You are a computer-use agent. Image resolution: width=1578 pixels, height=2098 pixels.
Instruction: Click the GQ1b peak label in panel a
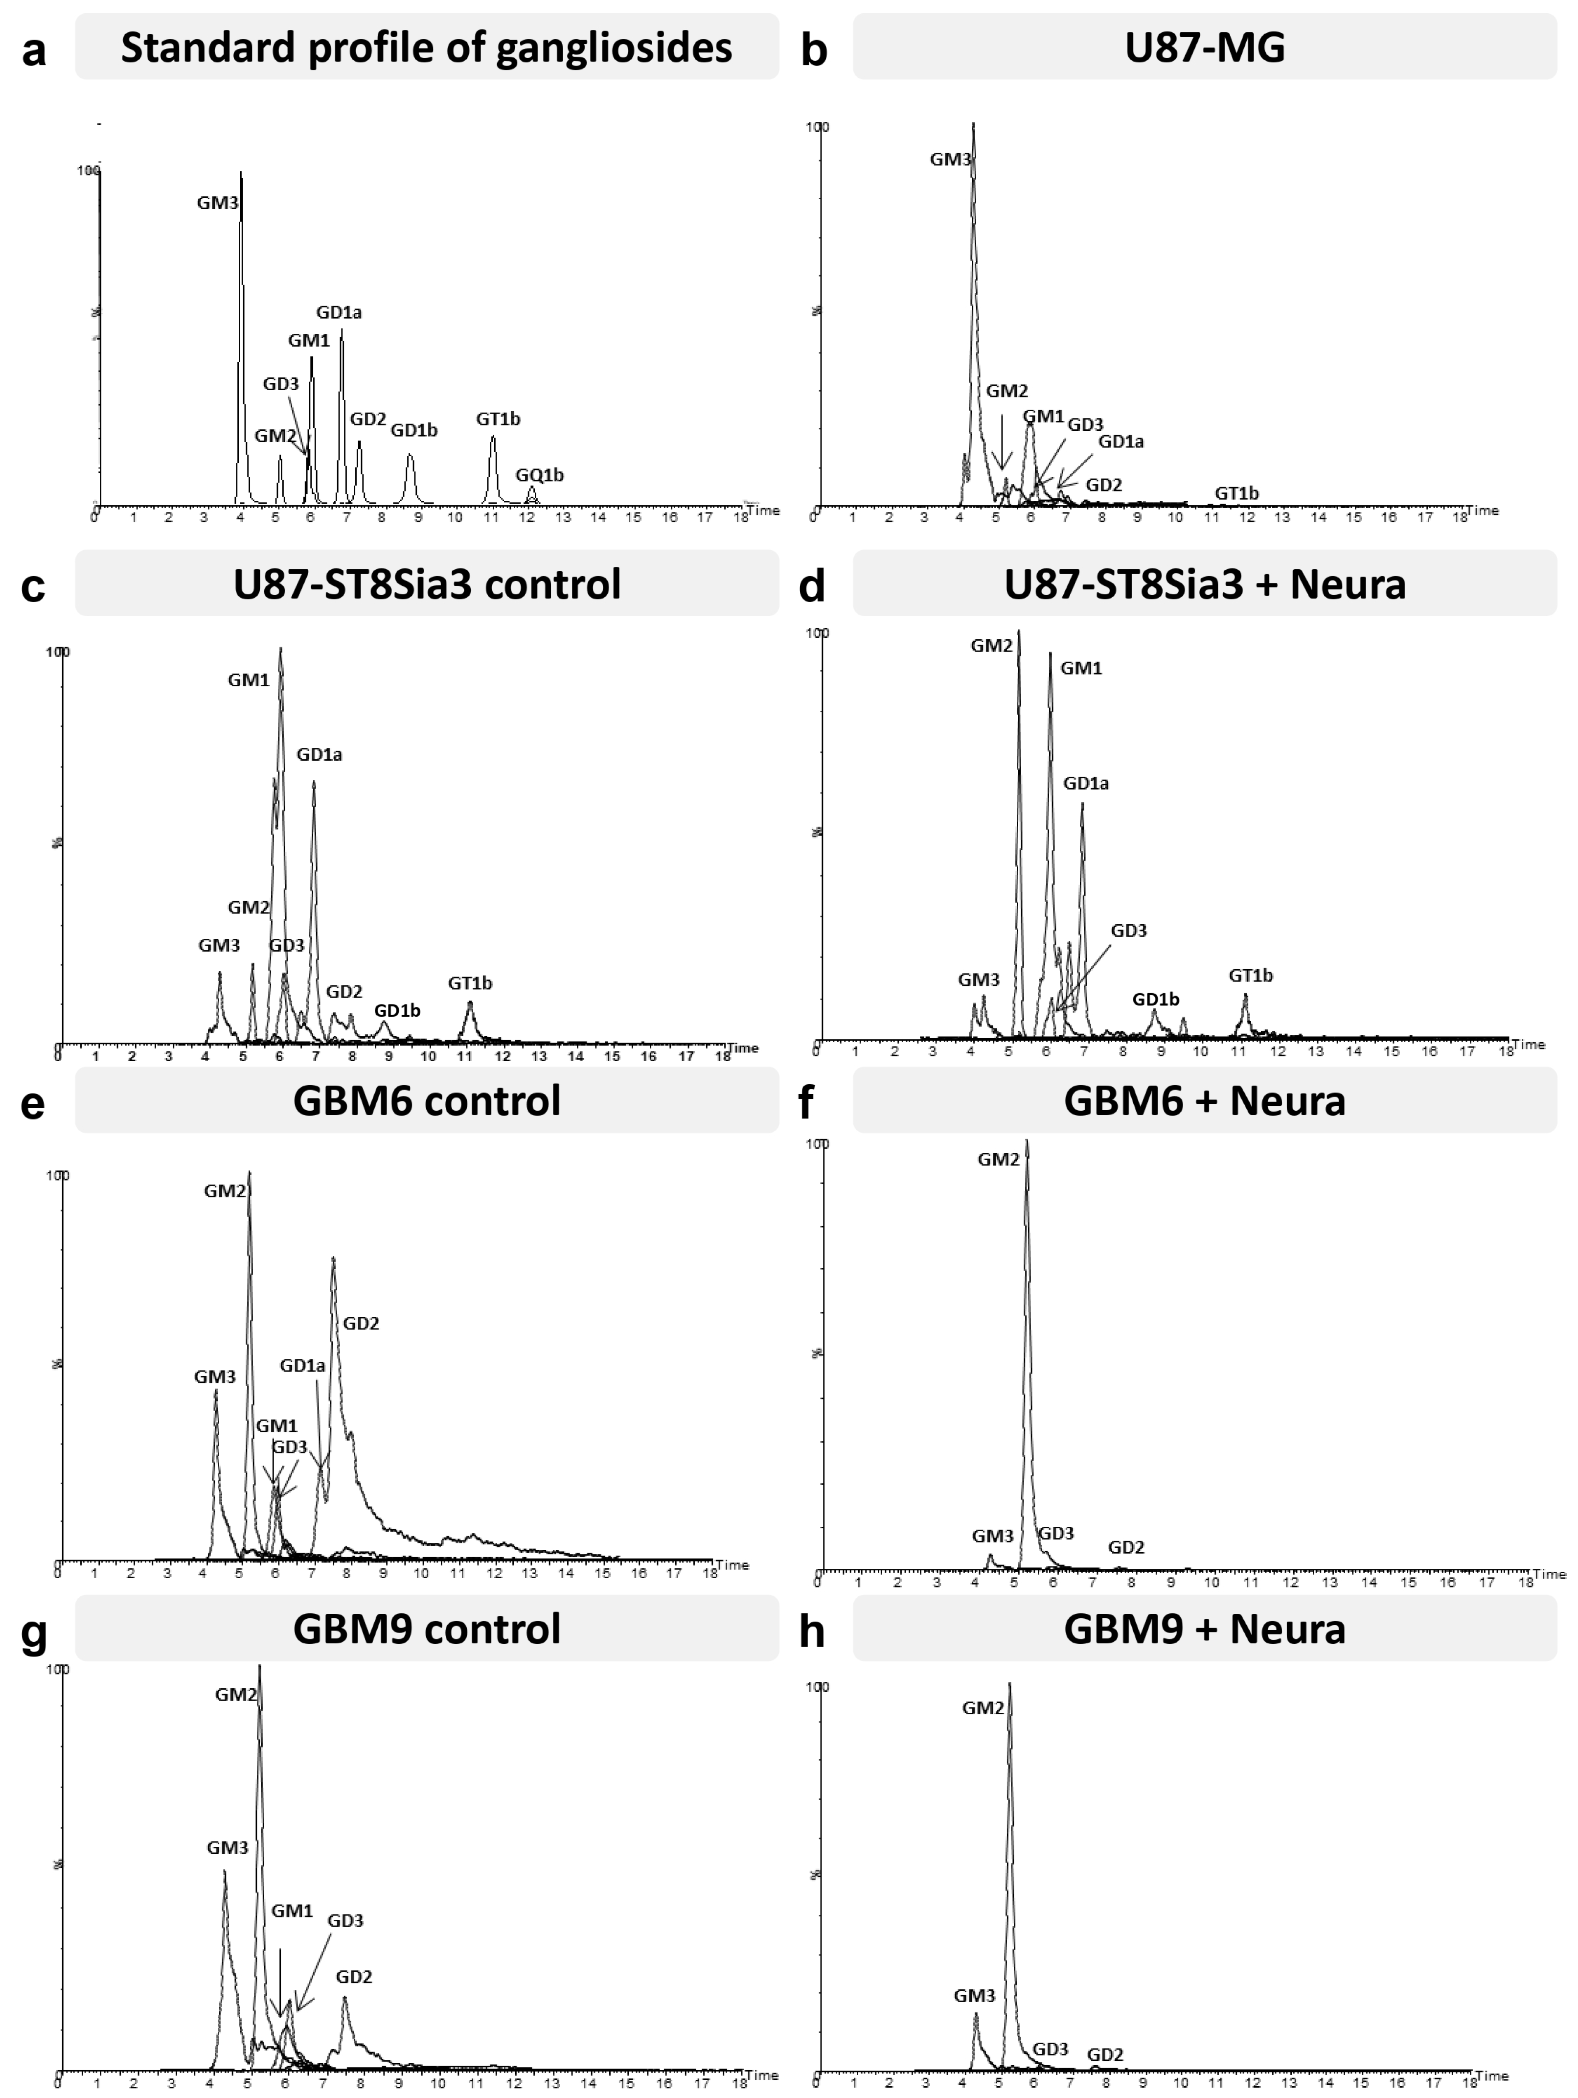tap(540, 474)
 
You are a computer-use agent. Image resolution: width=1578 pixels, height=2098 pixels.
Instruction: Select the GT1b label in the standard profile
tap(498, 418)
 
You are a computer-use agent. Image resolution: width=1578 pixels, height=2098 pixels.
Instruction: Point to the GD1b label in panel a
tap(414, 430)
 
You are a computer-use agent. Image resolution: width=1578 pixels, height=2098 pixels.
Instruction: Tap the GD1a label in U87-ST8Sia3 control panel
tap(320, 754)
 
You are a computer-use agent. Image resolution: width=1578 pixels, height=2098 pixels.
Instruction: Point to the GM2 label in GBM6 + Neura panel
tap(999, 1159)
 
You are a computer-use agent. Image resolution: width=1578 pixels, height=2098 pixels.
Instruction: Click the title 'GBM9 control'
tap(427, 1629)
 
